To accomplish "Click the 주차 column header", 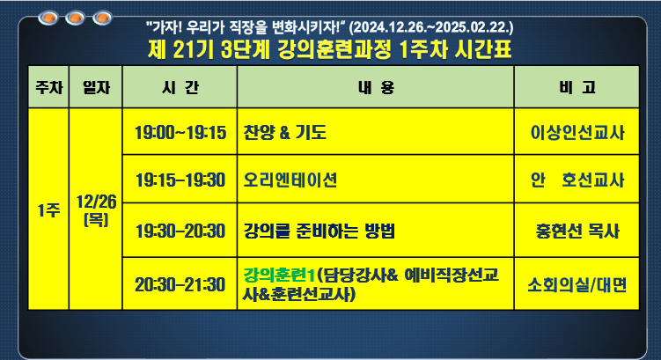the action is coord(48,87).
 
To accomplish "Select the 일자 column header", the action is coord(96,87).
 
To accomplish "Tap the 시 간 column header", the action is coord(180,87).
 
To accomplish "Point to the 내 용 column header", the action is coord(376,87).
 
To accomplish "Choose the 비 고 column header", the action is coord(577,87).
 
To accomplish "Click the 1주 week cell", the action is coord(48,209).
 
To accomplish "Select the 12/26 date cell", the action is coord(96,209).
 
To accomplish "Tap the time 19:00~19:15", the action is coord(180,133).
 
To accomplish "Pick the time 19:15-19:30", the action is coord(180,180).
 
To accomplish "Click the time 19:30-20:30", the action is coord(180,231).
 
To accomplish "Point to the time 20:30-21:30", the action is coord(180,284).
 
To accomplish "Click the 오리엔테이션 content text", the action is coord(290,180).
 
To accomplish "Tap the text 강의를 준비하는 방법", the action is coord(319,231).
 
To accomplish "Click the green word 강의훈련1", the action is coord(279,276).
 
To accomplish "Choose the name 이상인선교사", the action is coord(577,133).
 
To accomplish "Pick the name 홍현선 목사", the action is coord(577,231).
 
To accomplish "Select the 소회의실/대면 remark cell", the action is coord(577,283).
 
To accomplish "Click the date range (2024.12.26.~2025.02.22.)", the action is coord(431,27).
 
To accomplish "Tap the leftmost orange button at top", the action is coord(48,18).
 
